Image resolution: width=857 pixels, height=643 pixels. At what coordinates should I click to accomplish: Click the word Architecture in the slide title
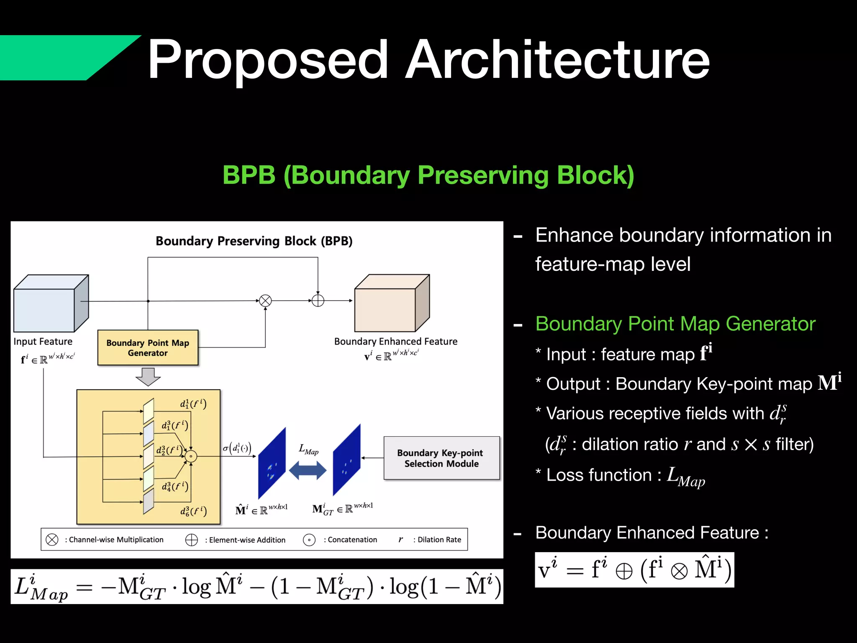click(x=557, y=59)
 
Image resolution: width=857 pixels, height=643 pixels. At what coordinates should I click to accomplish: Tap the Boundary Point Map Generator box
click(x=148, y=348)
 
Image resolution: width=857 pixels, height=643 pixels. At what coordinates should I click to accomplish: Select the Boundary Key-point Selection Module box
click(x=441, y=458)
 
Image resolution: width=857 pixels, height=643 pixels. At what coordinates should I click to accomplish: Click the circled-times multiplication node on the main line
click(x=265, y=301)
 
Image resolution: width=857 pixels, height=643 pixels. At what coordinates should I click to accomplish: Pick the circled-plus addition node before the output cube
click(x=318, y=301)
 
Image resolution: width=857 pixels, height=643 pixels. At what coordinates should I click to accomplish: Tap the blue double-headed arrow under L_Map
click(x=308, y=470)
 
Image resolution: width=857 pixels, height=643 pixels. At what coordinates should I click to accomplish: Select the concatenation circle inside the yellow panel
click(x=191, y=456)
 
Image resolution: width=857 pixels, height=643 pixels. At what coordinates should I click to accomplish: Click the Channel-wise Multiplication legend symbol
click(x=52, y=540)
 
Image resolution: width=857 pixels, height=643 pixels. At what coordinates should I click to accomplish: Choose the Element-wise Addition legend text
click(x=247, y=540)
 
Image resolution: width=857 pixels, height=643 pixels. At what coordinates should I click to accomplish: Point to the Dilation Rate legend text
click(x=439, y=540)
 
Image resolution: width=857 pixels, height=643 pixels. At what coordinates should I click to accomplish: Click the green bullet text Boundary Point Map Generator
click(x=675, y=324)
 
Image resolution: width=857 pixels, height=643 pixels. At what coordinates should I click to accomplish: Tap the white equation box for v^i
click(x=634, y=570)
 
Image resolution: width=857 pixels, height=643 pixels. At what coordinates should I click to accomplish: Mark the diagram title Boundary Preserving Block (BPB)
click(x=254, y=241)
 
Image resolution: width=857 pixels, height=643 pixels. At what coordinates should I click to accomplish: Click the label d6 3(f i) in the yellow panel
click(x=193, y=511)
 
